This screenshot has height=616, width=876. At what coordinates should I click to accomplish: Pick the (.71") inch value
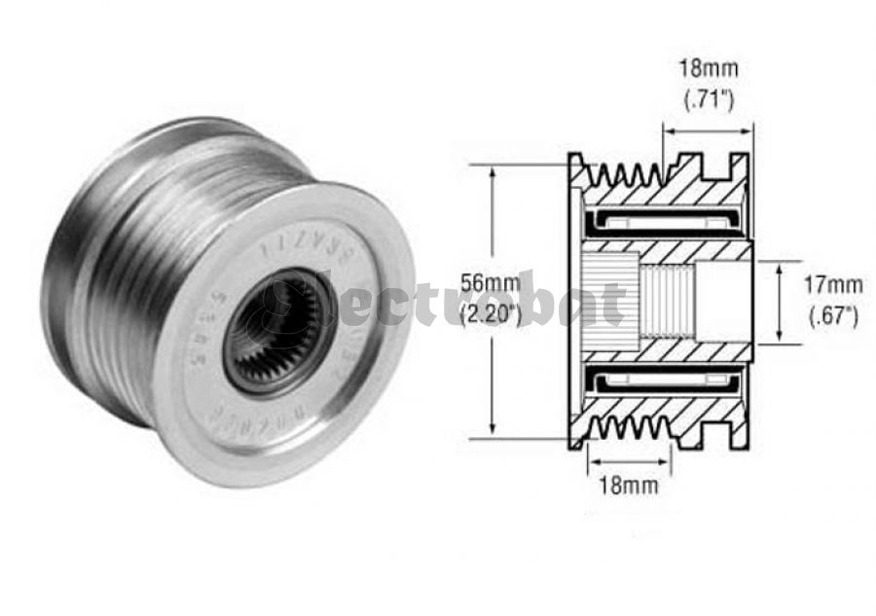708,98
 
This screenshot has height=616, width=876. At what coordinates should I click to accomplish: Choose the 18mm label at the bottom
624,484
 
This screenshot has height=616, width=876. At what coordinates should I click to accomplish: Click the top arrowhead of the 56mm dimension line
493,171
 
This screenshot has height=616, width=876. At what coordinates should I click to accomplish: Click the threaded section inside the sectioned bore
668,302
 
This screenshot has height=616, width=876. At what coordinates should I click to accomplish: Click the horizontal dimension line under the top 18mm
708,127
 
